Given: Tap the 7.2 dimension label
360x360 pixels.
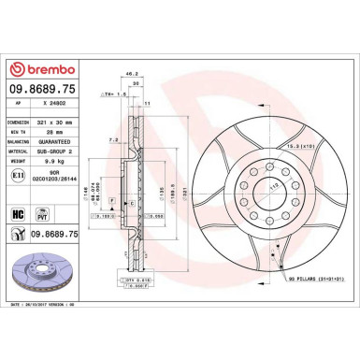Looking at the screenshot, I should click(x=112, y=139).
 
